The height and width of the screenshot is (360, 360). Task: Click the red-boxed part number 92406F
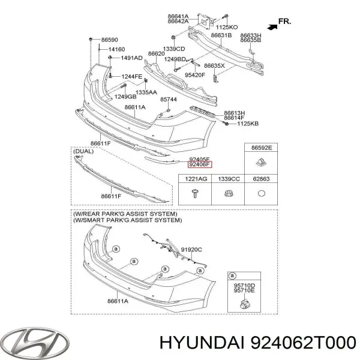200,164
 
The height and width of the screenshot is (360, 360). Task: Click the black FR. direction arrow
272,27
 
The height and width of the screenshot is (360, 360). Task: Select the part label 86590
110,40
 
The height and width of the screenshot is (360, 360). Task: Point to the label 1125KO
227,28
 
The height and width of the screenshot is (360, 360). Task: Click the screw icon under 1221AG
195,193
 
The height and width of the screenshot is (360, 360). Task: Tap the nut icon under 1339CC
228,194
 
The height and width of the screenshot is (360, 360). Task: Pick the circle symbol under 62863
262,193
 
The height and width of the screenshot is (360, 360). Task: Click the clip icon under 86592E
261,163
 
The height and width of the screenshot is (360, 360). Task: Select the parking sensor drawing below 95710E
245,303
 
